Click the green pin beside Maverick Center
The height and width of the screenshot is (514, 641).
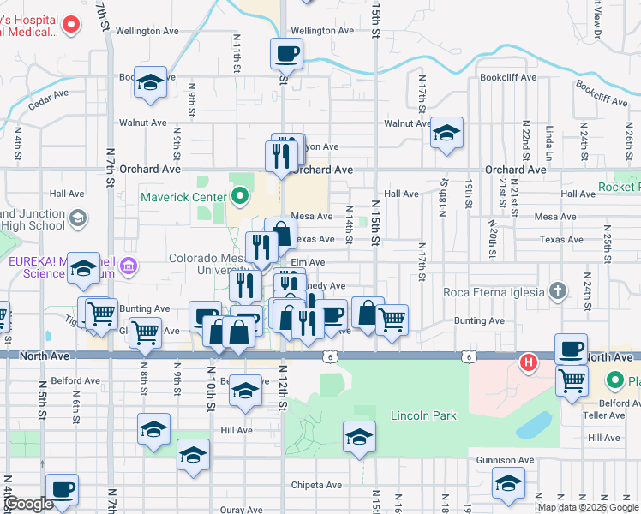[239, 197]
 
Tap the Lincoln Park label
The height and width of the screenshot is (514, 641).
[423, 416]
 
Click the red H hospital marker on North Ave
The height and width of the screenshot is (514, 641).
[529, 362]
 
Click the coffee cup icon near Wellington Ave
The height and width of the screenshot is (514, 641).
[286, 54]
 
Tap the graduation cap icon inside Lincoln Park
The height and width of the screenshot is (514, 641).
[359, 437]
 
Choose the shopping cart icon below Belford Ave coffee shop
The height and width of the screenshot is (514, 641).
[572, 379]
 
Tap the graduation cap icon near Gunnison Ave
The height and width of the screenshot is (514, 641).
[508, 483]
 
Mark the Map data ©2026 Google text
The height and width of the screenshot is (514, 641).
[589, 507]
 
